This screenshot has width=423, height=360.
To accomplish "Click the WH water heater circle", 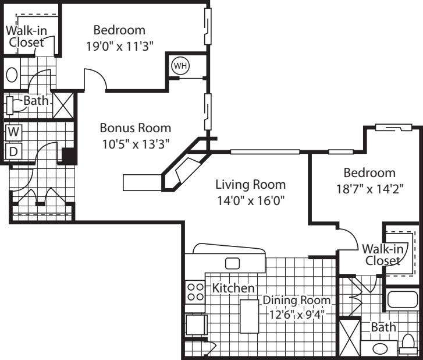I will [180, 66].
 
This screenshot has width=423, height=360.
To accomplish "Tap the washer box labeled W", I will [13, 132].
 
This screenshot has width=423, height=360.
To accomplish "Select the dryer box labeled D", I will [13, 151].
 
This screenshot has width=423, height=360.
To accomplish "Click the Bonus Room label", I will [135, 128].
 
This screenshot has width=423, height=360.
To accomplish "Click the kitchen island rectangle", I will [250, 316].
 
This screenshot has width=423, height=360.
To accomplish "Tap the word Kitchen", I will [233, 288].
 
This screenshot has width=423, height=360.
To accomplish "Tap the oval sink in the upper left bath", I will [12, 75].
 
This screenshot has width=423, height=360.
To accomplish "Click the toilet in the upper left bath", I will [14, 105].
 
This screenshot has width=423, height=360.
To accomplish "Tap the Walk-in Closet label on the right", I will [383, 255].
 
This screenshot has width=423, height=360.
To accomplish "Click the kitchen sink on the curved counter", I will [233, 263].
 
